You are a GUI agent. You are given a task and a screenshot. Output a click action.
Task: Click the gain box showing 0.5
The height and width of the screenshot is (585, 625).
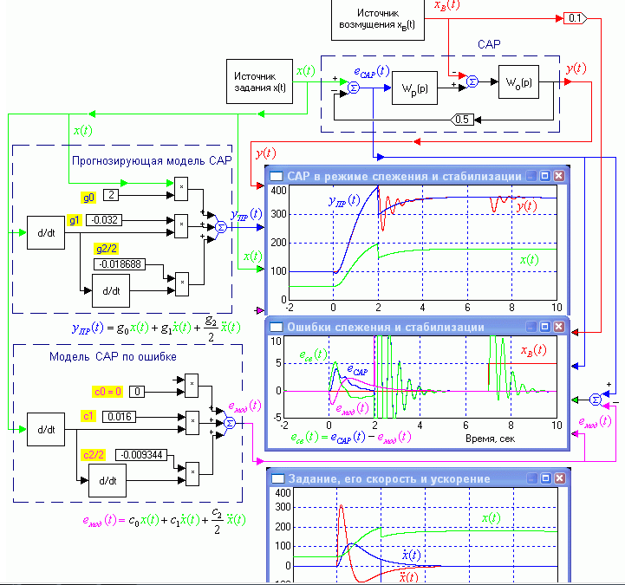[x=461, y=120]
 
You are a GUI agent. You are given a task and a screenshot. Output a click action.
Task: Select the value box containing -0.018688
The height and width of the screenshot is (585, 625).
[x=122, y=264]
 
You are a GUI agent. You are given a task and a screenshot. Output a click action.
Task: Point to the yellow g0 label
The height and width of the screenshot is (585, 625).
[x=88, y=194]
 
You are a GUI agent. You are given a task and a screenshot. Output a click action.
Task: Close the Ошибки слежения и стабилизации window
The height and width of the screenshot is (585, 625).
[x=559, y=328]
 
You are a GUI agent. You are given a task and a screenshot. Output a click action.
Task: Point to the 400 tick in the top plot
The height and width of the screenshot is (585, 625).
[x=277, y=190]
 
